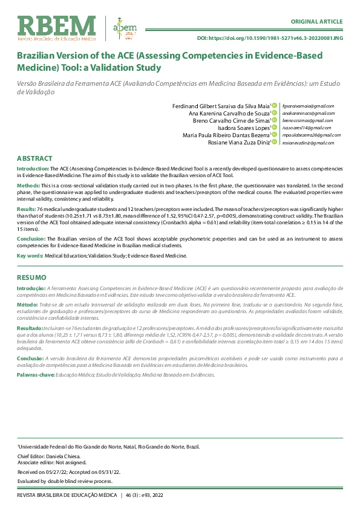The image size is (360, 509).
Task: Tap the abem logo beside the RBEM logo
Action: click(125, 28)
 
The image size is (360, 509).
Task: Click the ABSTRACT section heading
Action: click(34, 157)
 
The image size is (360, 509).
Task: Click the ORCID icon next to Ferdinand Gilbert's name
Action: click(274, 106)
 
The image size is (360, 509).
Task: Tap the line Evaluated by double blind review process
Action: click(65, 481)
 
